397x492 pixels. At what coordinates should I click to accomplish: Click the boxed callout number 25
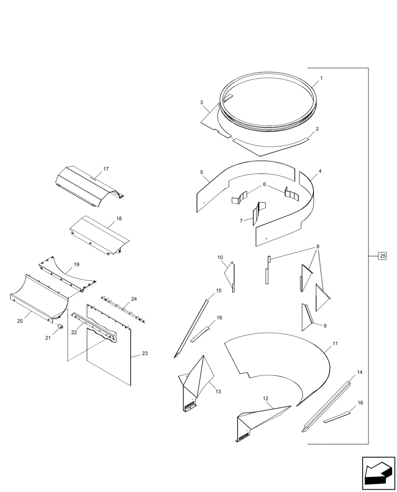click(x=382, y=256)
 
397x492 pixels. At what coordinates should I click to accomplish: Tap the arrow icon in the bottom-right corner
click(x=378, y=473)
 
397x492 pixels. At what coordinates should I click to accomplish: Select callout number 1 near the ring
click(x=321, y=78)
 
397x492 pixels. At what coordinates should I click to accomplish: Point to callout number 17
click(x=106, y=169)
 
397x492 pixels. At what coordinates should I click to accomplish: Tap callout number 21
click(x=48, y=338)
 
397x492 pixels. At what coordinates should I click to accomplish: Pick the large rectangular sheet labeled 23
click(x=108, y=354)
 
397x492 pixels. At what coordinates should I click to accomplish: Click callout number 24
click(x=134, y=299)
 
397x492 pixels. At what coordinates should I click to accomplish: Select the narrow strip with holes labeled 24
click(x=123, y=309)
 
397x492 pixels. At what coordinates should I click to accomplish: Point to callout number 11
click(x=335, y=344)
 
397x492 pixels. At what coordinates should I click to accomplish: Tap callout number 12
click(x=265, y=399)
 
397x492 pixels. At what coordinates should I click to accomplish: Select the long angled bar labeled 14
click(x=327, y=406)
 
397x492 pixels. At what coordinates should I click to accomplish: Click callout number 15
click(x=219, y=291)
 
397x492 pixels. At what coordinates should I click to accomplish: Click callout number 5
click(x=201, y=173)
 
